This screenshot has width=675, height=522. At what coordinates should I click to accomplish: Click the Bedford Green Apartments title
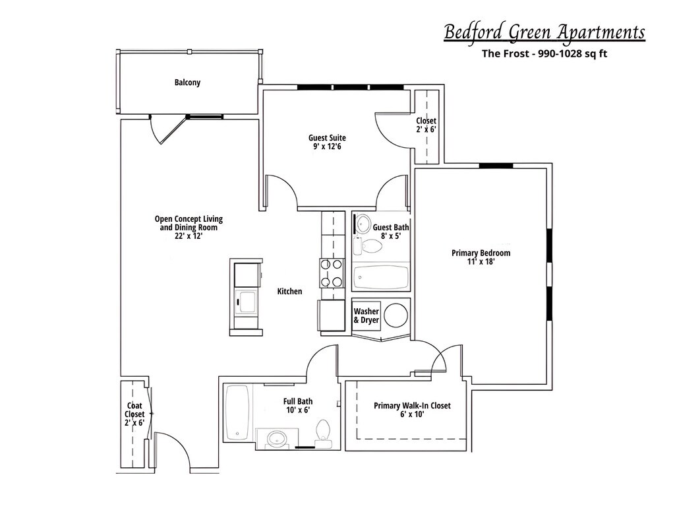[x=544, y=32]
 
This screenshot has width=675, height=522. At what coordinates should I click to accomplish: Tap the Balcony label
[x=187, y=82]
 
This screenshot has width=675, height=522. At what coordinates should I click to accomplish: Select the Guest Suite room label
[x=327, y=138]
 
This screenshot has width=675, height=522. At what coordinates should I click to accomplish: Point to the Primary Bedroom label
[x=481, y=253]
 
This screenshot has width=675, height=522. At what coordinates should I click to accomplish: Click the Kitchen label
[x=289, y=291]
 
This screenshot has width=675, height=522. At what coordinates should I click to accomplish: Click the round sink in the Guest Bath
[x=363, y=224]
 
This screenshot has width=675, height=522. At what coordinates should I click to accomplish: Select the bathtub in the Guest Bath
[x=382, y=277]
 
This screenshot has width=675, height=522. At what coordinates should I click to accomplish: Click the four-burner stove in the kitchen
[x=332, y=273]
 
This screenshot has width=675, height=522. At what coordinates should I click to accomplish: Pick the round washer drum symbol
[x=397, y=315]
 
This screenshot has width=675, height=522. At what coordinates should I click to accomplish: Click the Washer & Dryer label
[x=367, y=315]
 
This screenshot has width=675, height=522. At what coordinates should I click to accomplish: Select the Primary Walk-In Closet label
[x=412, y=406]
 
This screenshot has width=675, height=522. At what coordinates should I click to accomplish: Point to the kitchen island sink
[x=247, y=302]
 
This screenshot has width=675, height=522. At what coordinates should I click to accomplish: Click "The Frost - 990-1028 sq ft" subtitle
[x=544, y=53]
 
